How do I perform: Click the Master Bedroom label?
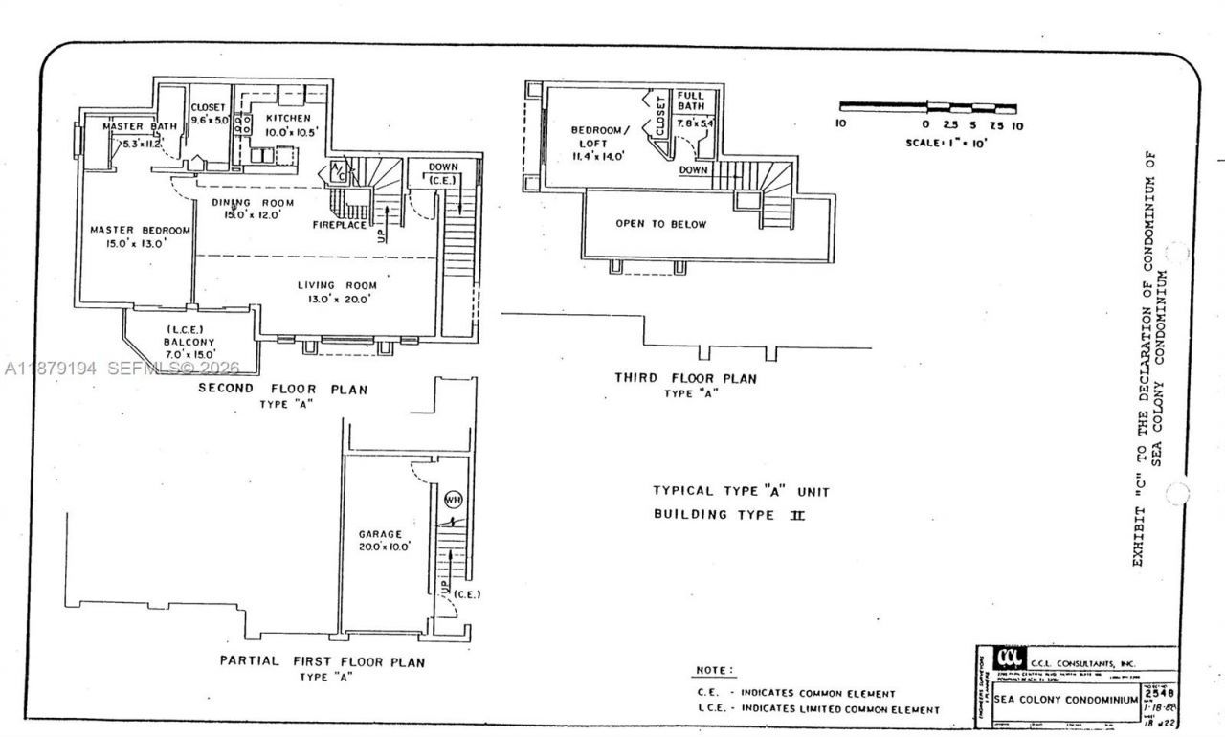(x=141, y=230)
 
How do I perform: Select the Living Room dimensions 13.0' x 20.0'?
(x=337, y=299)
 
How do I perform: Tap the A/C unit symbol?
(x=337, y=170)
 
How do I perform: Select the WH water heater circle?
(x=453, y=499)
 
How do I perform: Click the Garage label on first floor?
(x=380, y=534)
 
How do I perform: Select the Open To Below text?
(x=661, y=224)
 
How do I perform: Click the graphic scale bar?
(x=927, y=107)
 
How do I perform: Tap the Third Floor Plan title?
(x=685, y=378)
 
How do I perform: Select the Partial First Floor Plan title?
(x=322, y=661)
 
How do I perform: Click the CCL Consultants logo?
(x=1009, y=659)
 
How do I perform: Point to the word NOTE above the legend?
(x=715, y=671)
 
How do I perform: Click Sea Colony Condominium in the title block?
(x=1064, y=699)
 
